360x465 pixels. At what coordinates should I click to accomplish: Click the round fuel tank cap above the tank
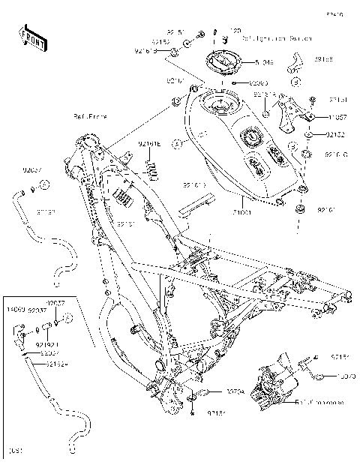tap(222, 61)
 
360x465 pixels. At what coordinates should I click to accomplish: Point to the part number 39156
tap(324, 58)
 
